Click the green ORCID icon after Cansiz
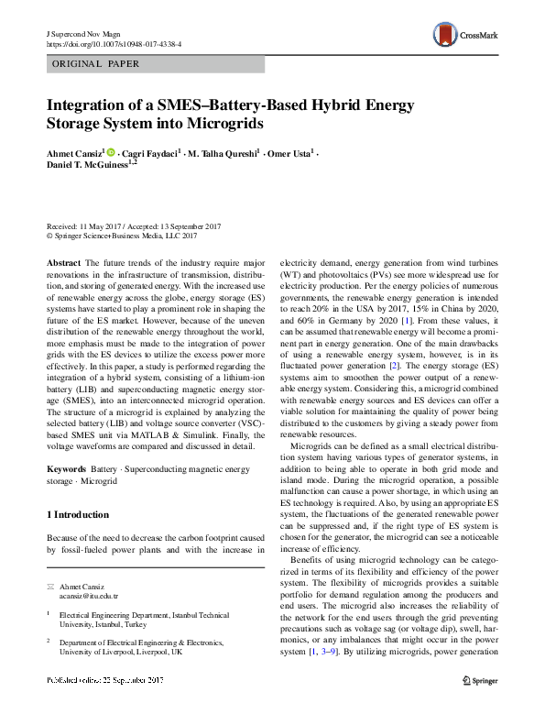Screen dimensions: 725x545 112,151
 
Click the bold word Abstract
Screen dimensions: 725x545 63,263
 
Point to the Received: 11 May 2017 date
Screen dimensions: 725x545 87,225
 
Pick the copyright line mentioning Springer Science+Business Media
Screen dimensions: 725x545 122,236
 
